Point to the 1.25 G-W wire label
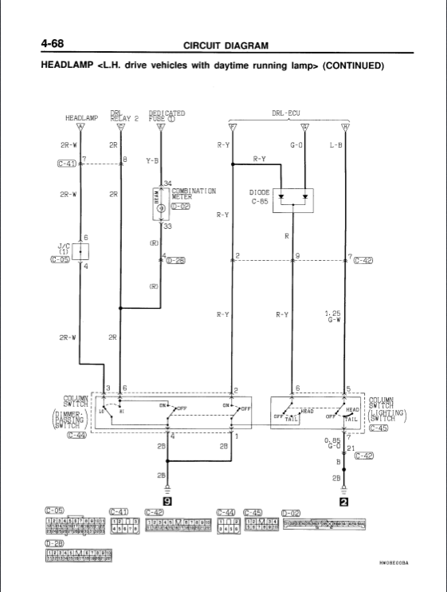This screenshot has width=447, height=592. pos(332,318)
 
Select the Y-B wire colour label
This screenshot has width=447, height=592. pos(152,160)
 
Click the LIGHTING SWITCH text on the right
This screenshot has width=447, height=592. pos(390,416)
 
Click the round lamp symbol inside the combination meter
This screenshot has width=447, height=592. pos(161,207)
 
